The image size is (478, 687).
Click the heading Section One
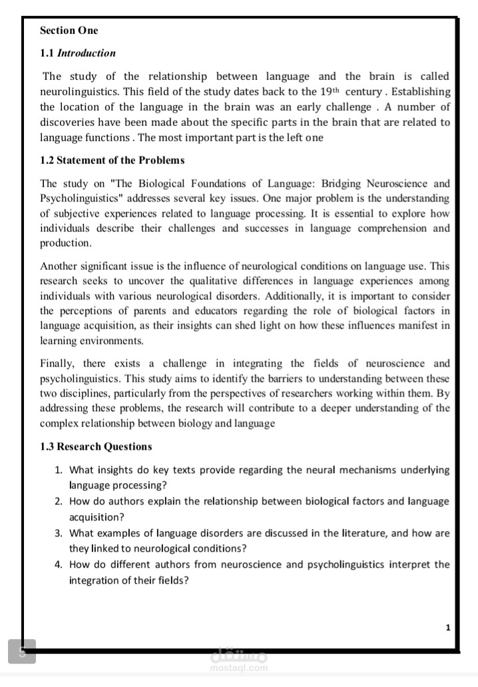(x=69, y=30)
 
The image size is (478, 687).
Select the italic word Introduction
(x=86, y=53)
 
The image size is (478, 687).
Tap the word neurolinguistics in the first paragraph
(x=74, y=91)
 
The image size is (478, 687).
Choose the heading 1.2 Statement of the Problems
(x=112, y=160)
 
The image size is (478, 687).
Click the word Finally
(x=61, y=363)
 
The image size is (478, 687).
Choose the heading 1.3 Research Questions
(x=96, y=446)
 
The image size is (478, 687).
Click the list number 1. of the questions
(x=59, y=470)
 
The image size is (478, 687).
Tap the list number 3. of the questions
(x=59, y=533)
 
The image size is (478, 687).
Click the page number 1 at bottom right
(x=448, y=628)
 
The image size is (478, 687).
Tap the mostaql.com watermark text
(x=238, y=668)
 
